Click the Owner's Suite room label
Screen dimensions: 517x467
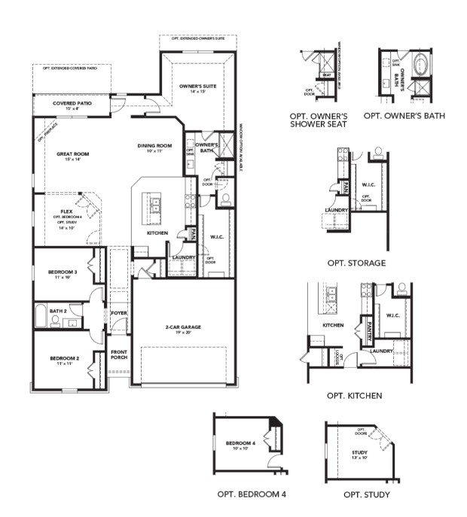197,87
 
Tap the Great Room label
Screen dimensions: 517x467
73,154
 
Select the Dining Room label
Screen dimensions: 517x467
155,146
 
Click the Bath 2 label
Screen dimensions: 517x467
58,310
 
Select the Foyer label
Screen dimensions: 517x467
119,312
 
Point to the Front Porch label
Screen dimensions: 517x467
119,355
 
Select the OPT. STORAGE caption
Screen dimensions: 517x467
356,263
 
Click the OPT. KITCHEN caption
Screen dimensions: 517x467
355,395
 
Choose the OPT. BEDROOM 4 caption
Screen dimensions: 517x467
251,494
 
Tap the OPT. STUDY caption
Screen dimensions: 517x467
366,494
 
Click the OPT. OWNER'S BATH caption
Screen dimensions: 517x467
404,116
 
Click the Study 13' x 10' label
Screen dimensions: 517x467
359,454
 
